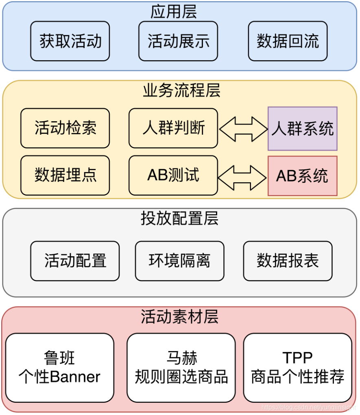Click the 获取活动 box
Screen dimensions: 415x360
coord(70,41)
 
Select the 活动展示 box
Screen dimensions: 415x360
coord(178,41)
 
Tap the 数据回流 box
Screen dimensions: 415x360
coord(288,41)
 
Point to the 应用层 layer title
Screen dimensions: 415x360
coord(174,12)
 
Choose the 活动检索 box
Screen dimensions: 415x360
coord(65,128)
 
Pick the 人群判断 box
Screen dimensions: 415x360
coord(173,128)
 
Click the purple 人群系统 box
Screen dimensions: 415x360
coord(302,129)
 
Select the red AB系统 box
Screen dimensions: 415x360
coord(302,176)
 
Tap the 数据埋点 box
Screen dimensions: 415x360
coord(65,175)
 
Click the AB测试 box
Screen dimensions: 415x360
coord(173,175)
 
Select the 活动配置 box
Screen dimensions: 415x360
coord(75,261)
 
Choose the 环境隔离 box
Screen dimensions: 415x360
coord(179,261)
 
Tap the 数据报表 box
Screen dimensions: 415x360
coord(288,261)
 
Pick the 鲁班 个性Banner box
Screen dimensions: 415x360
coord(59,368)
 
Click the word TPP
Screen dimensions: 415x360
coord(297,358)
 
